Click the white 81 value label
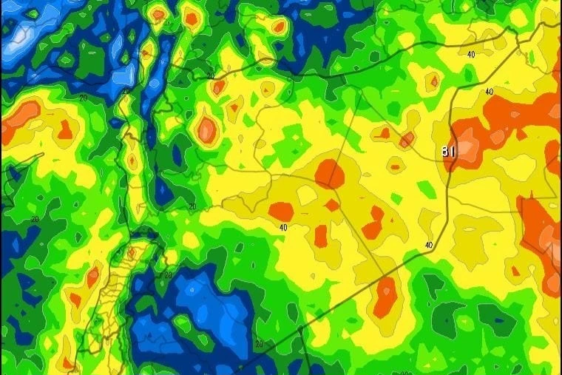(x=448, y=152)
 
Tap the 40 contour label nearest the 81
(x=488, y=92)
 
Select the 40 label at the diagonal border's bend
(x=428, y=245)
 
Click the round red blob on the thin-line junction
(x=330, y=175)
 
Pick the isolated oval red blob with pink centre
(x=207, y=130)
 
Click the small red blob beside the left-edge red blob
(x=66, y=129)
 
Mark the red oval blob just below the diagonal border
(x=385, y=297)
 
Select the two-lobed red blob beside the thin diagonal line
(x=373, y=223)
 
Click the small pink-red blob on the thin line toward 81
(x=407, y=139)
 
